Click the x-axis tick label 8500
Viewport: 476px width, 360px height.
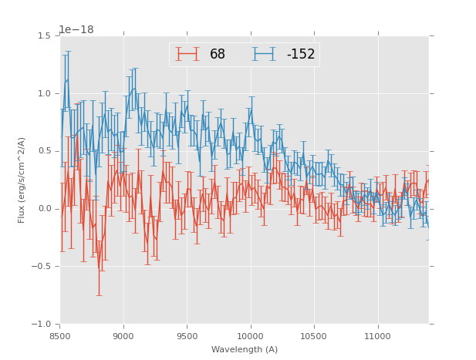click(60, 337)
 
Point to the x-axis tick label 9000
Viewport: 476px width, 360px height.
click(123, 337)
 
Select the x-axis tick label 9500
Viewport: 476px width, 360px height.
click(187, 337)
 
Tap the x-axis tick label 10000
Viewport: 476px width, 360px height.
click(250, 337)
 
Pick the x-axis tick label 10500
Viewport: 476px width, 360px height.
click(313, 337)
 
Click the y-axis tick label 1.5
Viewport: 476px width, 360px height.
click(44, 35)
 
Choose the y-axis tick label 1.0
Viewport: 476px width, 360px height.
click(44, 93)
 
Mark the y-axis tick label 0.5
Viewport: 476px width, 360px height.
click(44, 151)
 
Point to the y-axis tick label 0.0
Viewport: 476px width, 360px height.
click(44, 209)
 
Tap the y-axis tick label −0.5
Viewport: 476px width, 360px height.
click(42, 267)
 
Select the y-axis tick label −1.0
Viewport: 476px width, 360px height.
click(42, 325)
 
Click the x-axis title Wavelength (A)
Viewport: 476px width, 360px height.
click(245, 350)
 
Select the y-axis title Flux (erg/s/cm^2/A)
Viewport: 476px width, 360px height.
click(22, 180)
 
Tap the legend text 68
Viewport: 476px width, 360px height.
click(218, 55)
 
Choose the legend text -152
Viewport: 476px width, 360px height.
click(301, 55)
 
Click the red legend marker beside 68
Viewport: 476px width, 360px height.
click(187, 54)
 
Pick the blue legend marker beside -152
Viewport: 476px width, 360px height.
click(264, 54)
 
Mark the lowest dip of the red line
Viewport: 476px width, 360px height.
click(99, 270)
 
